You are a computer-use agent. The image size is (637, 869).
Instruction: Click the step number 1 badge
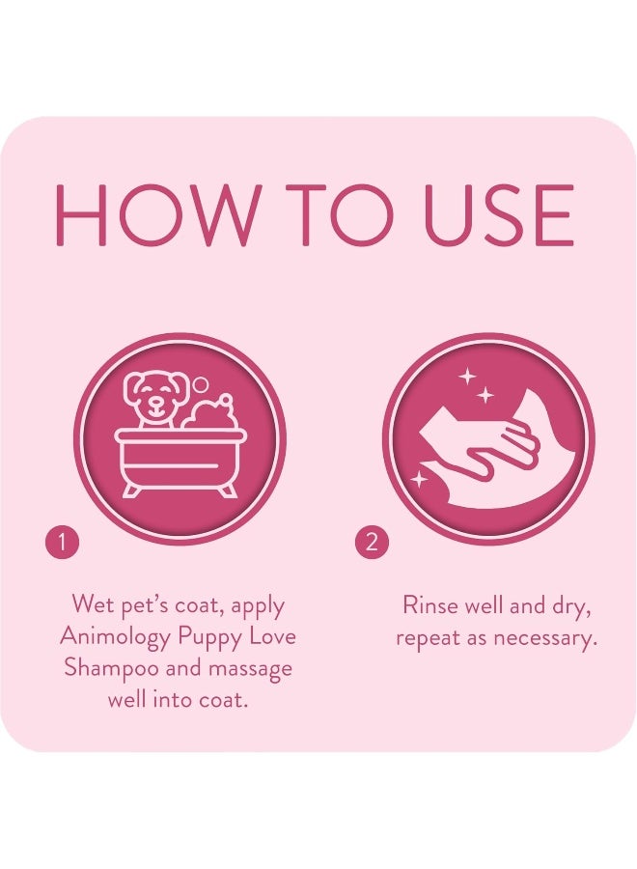pyautogui.click(x=61, y=543)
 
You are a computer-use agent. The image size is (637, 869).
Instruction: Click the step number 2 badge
pyautogui.click(x=371, y=543)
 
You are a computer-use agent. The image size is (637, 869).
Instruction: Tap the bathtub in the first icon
pyautogui.click(x=180, y=460)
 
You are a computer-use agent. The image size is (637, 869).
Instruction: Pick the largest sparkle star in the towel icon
pyautogui.click(x=468, y=377)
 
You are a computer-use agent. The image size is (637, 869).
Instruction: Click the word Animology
pyautogui.click(x=113, y=637)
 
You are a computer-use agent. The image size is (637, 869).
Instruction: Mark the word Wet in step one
pyautogui.click(x=93, y=606)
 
